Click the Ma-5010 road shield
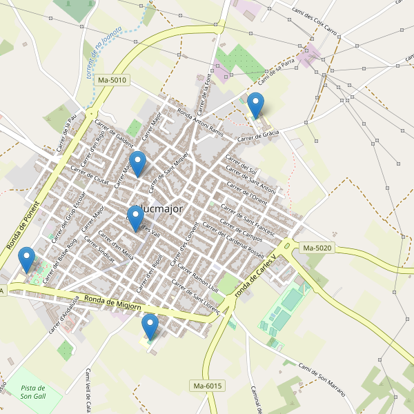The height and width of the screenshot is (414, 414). (112, 80)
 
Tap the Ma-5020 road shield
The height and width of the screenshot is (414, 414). (317, 248)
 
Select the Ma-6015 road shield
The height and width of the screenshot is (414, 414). (208, 386)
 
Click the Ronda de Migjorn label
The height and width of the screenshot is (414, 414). (112, 302)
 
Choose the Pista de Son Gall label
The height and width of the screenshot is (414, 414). (33, 392)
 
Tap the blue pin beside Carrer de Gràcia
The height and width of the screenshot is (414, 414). (255, 106)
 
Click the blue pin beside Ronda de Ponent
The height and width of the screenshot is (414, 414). (27, 259)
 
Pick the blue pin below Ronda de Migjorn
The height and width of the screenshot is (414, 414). (150, 326)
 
